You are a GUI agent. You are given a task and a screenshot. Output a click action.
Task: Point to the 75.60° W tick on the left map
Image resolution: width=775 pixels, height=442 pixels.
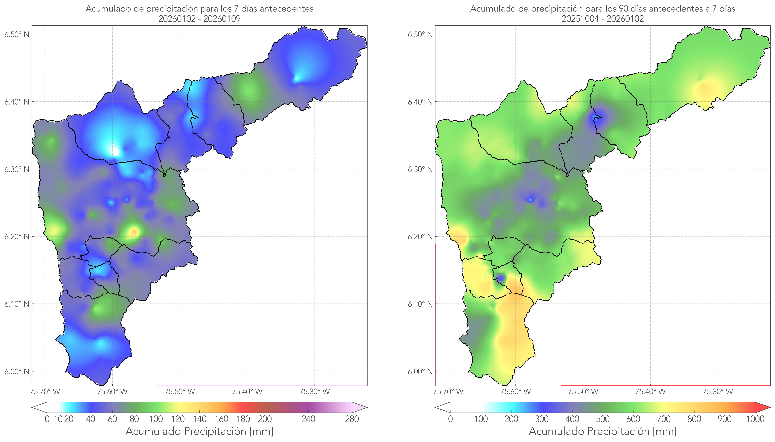tap(112, 392)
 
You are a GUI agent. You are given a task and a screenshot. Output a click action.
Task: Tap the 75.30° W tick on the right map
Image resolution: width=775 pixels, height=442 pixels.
tap(718, 392)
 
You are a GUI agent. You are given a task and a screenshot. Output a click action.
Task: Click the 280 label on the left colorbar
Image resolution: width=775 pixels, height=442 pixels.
tap(352, 419)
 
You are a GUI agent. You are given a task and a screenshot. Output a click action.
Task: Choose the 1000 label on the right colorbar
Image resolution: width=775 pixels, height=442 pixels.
tap(755, 419)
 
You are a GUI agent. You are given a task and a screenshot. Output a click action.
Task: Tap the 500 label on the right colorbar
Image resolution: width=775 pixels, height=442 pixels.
tap(603, 419)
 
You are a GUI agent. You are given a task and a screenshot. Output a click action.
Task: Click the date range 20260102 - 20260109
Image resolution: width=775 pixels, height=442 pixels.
tap(199, 19)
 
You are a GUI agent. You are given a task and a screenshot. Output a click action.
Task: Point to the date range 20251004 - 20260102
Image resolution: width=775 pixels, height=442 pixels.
tap(603, 19)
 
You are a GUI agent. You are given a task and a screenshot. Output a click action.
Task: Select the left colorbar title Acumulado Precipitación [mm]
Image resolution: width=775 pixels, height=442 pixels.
tap(199, 431)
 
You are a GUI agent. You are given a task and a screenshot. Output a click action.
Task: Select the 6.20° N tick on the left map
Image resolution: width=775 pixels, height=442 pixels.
tap(17, 237)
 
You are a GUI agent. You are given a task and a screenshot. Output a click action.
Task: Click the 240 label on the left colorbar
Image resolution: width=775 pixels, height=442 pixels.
tap(308, 419)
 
